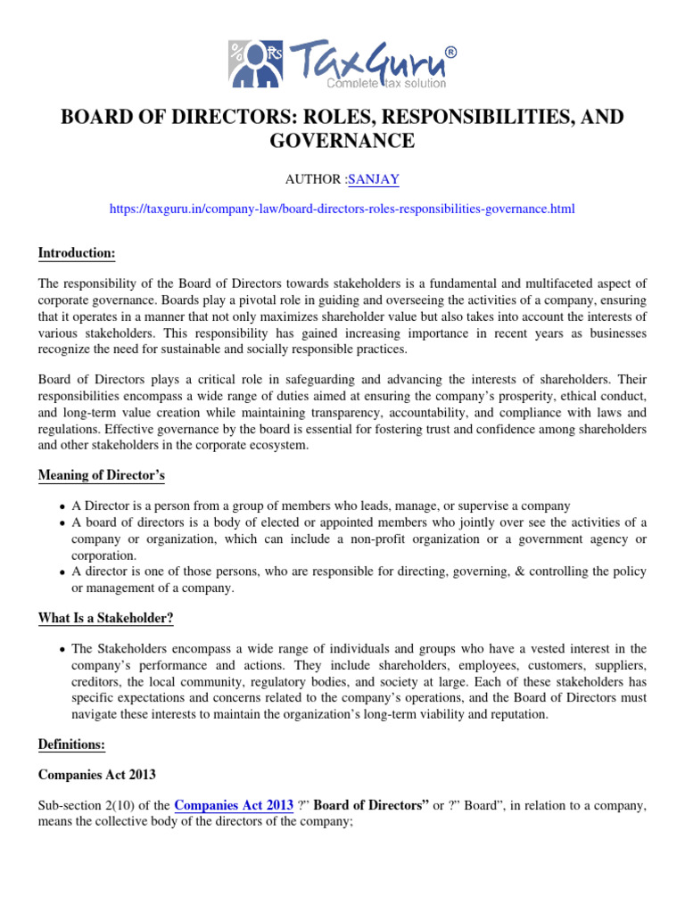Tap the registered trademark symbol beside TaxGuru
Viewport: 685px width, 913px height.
(x=450, y=53)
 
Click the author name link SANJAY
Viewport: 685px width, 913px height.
(x=374, y=179)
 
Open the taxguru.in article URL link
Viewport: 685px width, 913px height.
(x=342, y=209)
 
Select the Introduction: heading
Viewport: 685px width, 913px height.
(x=77, y=253)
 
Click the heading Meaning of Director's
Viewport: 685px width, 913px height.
(x=102, y=475)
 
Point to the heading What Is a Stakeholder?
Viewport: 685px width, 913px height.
(x=104, y=619)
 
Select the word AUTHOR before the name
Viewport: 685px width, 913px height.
(x=314, y=179)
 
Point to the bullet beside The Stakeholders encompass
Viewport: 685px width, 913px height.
(x=62, y=649)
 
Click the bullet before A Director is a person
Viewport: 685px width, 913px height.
(x=62, y=506)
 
